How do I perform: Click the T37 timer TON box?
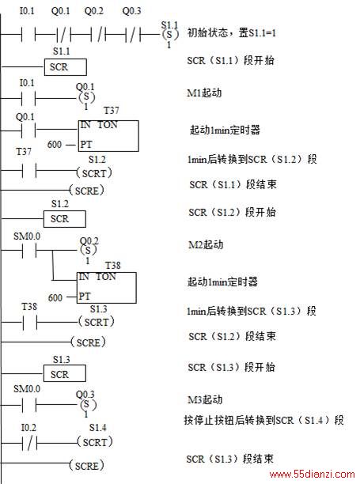tap(108, 136)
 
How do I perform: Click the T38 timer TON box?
tap(107, 288)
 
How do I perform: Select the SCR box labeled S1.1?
tap(66, 67)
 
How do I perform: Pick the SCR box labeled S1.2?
tap(65, 219)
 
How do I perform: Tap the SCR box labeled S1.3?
tap(65, 373)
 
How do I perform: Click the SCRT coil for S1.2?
tap(94, 173)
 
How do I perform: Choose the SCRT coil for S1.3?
tap(97, 322)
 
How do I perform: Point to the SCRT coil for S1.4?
tap(95, 442)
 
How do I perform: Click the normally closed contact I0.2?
tap(29, 444)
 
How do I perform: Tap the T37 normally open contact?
tap(29, 170)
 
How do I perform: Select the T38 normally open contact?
tap(29, 323)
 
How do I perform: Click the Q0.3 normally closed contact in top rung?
tap(133, 34)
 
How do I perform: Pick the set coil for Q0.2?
tap(89, 250)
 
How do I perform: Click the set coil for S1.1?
tap(169, 34)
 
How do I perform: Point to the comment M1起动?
tap(204, 93)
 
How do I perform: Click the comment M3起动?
tap(205, 399)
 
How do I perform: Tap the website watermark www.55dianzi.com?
tap(312, 475)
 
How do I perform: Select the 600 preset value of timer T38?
tap(55, 297)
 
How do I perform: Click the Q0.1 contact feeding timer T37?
tap(28, 130)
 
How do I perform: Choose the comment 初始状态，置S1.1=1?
tap(231, 32)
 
